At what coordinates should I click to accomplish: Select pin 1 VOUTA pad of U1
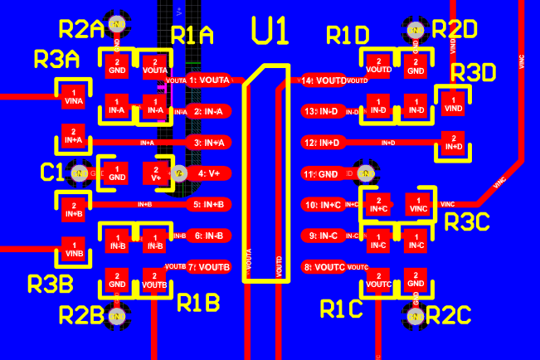click(x=208, y=80)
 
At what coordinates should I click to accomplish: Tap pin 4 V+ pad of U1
click(x=208, y=173)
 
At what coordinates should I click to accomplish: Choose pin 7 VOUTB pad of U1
click(x=208, y=267)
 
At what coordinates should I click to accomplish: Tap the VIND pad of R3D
click(x=453, y=105)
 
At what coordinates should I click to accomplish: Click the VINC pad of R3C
click(x=416, y=204)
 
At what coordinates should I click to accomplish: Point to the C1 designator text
click(x=51, y=172)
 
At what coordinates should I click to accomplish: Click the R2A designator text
click(x=80, y=30)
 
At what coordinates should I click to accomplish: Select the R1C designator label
click(x=341, y=309)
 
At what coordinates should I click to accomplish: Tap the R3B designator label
click(x=51, y=284)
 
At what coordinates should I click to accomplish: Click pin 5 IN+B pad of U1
click(x=208, y=204)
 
